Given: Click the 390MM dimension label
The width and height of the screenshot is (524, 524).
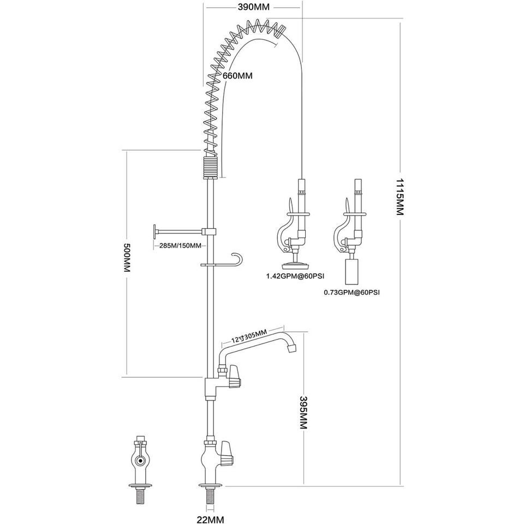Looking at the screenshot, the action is coord(253,7).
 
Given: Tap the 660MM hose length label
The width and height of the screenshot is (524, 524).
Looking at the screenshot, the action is coord(237,76).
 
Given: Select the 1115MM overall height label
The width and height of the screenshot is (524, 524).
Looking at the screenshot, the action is coord(400,197).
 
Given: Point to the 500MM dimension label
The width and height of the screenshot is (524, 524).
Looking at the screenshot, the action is coord(127,257).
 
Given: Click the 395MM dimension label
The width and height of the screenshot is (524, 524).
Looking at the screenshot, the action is coord(303,413).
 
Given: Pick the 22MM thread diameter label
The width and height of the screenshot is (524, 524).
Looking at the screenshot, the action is coord(211,519).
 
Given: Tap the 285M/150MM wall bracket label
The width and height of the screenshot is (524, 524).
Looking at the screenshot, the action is coord(180,246).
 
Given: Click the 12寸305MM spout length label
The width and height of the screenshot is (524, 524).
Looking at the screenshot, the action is coord(249,336).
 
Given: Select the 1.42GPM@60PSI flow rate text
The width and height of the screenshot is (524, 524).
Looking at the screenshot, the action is coord(295,276).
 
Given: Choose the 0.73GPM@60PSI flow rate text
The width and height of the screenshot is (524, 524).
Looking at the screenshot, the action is coord(352,293).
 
